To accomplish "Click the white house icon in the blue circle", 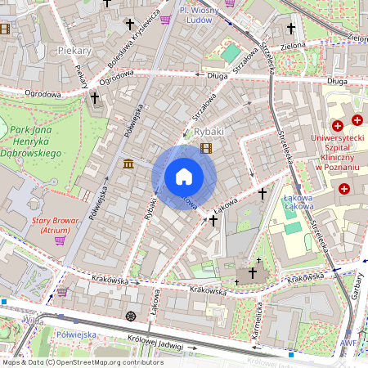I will (x=184, y=176).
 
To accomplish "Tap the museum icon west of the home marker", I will (x=128, y=164).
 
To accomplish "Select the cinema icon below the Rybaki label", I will (x=205, y=148).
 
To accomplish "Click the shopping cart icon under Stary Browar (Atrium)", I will (x=59, y=240).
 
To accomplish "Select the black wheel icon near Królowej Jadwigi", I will (x=130, y=316).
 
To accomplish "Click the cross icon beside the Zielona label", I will (x=291, y=29).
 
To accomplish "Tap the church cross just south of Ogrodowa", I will (x=95, y=98).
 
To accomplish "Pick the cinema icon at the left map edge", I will (x=4, y=29).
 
